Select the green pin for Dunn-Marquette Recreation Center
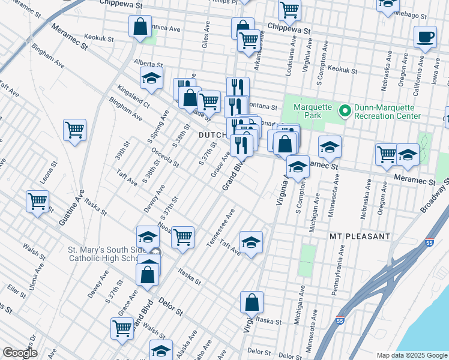point(345,111)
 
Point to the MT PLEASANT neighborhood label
point(360,237)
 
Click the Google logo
point(20,353)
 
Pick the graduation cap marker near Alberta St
point(152,78)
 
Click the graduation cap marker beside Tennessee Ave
point(251,242)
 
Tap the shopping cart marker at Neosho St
point(182,236)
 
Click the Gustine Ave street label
point(71,208)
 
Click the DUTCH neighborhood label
point(212,135)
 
